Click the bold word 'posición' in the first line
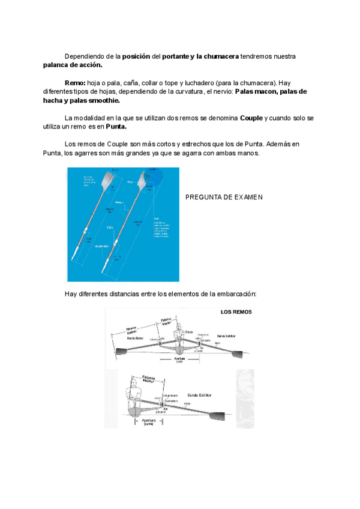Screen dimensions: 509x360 pyautogui.click(x=136, y=56)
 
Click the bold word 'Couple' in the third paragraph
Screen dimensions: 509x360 pyautogui.click(x=251, y=118)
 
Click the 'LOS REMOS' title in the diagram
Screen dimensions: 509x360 pyautogui.click(x=236, y=312)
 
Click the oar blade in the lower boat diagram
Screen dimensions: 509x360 pyautogui.click(x=216, y=417)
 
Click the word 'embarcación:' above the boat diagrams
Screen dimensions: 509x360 pyautogui.click(x=232, y=294)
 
